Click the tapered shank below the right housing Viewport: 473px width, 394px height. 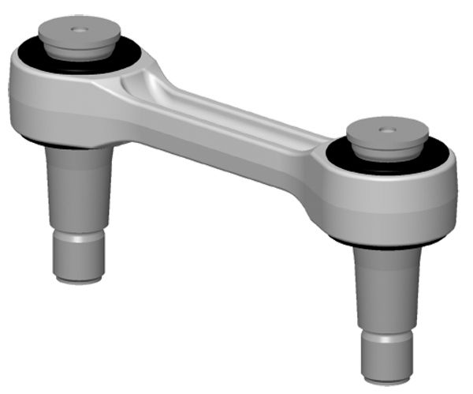[x=386, y=284]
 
